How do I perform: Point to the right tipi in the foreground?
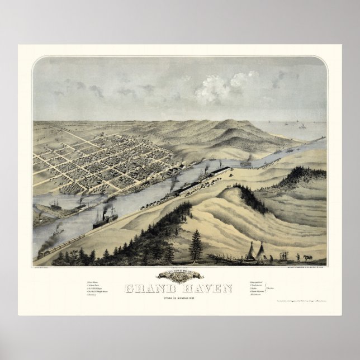tap(262, 252)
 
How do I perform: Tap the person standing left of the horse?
tap(298, 257)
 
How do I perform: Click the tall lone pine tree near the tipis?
tap(196, 244)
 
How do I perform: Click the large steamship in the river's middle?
tap(105, 217)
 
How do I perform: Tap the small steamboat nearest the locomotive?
tap(58, 230)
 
